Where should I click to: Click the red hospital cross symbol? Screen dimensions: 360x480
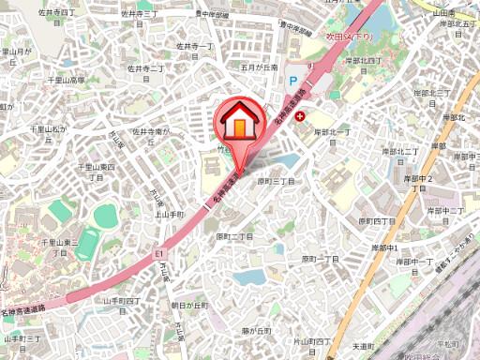pyautogui.click(x=300, y=116)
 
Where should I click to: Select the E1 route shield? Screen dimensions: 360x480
pyautogui.click(x=159, y=253)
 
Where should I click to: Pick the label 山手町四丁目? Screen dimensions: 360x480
pyautogui.click(x=121, y=300)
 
